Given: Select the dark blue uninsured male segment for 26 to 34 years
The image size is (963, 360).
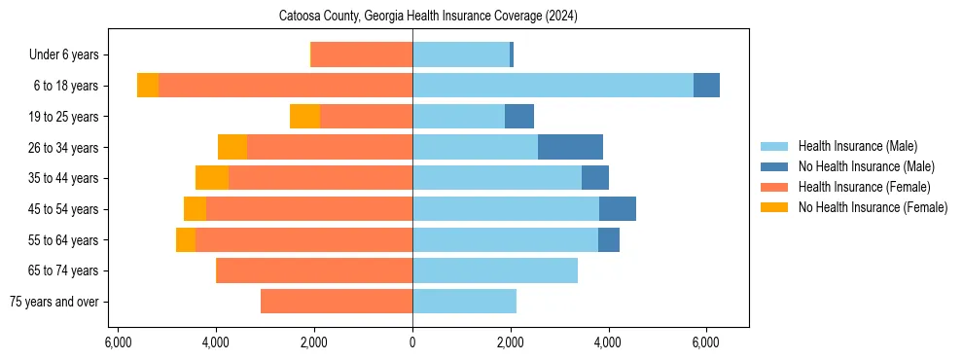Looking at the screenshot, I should (570, 147).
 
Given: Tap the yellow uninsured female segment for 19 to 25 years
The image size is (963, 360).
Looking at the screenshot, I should (304, 117).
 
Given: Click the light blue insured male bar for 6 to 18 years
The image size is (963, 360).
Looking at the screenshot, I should (553, 86).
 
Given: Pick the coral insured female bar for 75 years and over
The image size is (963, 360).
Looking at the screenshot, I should (337, 302).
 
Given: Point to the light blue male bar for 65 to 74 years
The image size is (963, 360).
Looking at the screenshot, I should (495, 270).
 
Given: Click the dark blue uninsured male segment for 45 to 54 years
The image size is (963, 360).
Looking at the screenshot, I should (618, 209).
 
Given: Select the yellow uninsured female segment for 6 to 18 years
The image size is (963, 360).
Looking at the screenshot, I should (148, 86).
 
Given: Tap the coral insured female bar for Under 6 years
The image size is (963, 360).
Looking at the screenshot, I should (362, 54).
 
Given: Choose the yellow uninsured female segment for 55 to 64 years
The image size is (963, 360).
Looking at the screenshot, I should (186, 240).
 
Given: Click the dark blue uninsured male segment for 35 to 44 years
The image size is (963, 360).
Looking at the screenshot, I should (595, 178).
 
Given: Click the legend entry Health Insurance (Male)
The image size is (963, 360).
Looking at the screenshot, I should (857, 146).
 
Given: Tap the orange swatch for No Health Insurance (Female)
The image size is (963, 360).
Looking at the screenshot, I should (775, 207).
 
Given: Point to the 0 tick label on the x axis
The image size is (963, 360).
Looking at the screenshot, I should (412, 342).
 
